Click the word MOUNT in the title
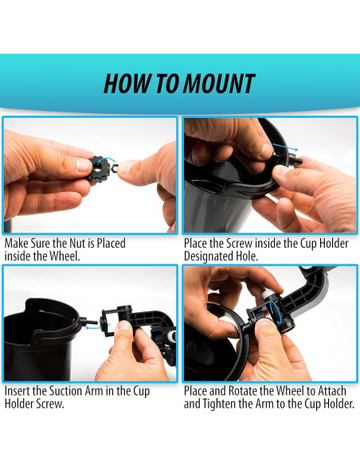[219, 84]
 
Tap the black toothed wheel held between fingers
[100, 170]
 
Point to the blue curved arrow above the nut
[107, 161]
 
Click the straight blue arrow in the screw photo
[285, 147]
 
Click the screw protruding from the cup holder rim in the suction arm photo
[88, 321]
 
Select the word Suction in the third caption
[66, 391]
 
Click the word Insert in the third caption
[18, 391]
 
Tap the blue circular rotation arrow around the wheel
[276, 313]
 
